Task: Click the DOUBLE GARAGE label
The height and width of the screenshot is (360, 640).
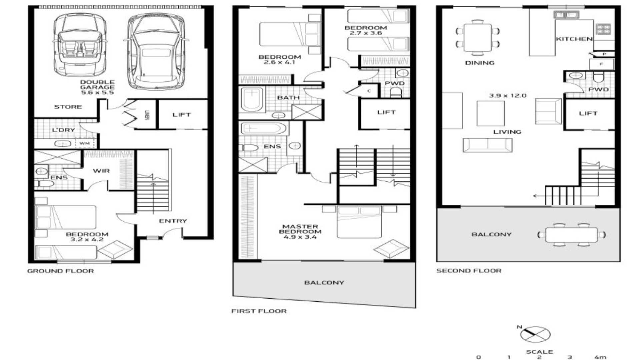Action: tap(97, 87)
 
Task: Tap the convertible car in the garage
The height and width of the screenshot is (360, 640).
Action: tap(80, 44)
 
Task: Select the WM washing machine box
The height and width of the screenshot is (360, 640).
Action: tap(85, 143)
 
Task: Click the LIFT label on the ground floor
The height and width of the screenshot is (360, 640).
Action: tap(181, 115)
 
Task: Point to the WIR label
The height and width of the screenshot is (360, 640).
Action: tap(101, 171)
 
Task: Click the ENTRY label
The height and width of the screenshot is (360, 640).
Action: tap(173, 221)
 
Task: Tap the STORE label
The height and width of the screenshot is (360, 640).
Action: tap(68, 107)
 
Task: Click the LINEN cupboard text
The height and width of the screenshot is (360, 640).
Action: tap(147, 115)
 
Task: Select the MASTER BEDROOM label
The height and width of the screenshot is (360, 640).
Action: tap(300, 231)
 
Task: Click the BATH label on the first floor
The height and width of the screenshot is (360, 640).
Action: tap(288, 98)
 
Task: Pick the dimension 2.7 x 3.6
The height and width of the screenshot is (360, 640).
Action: tap(366, 33)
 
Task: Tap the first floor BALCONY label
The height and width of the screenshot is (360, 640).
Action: tap(324, 282)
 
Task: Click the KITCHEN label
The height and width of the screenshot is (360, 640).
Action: tap(574, 39)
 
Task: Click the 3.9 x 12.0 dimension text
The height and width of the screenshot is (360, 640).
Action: tap(507, 95)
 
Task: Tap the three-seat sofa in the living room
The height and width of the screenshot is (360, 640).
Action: tap(487, 145)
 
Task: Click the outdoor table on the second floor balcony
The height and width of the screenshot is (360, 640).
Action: tap(571, 235)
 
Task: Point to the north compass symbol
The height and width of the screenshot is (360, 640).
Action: tap(535, 334)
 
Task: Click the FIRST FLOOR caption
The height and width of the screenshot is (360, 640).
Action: tap(259, 311)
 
